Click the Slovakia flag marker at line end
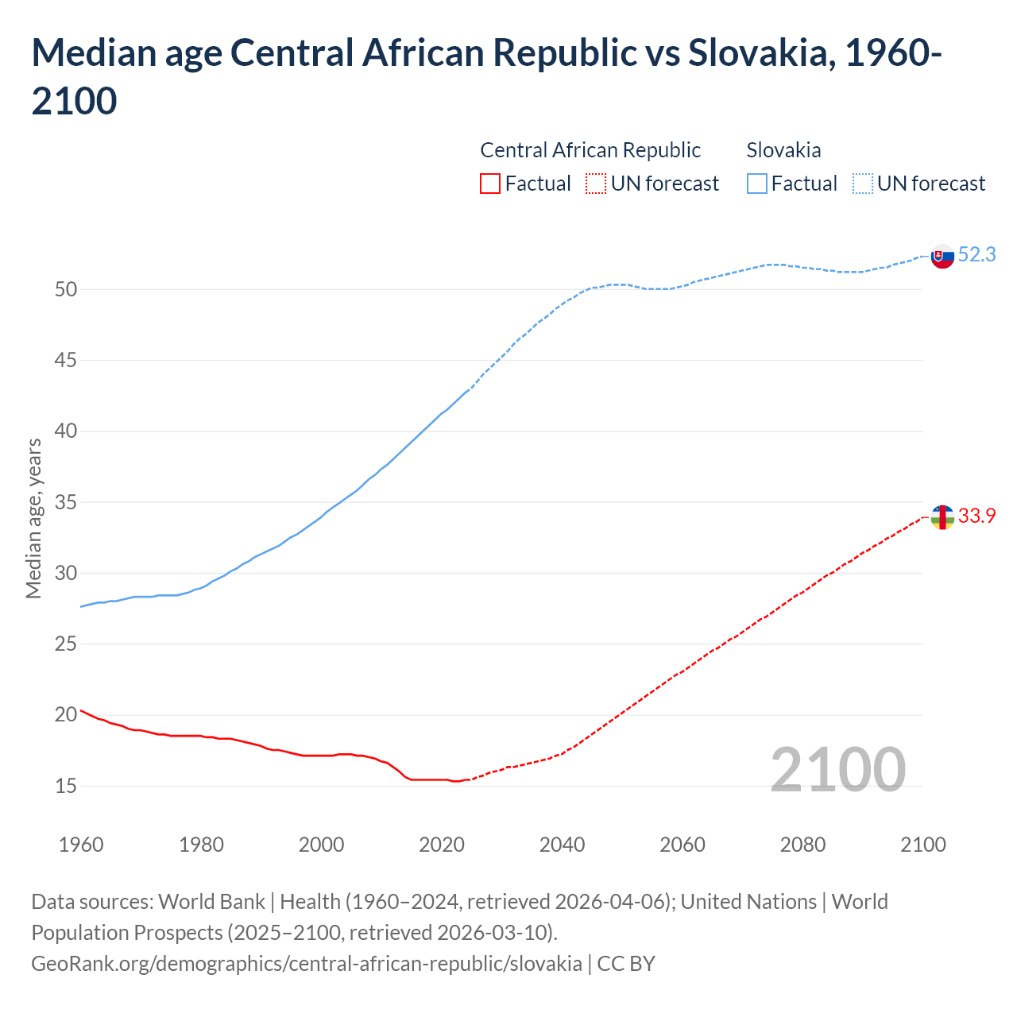pyautogui.click(x=942, y=256)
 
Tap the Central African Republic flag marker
pyautogui.click(x=942, y=517)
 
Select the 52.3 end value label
pyautogui.click(x=976, y=254)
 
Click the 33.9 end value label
pyautogui.click(x=976, y=516)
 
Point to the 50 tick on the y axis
pyautogui.click(x=66, y=290)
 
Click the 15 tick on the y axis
pyautogui.click(x=66, y=787)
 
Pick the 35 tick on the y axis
pyautogui.click(x=66, y=503)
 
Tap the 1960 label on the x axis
pyautogui.click(x=81, y=845)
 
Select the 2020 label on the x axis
pyautogui.click(x=442, y=845)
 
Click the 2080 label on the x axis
pyautogui.click(x=802, y=845)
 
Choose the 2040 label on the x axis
pyautogui.click(x=562, y=845)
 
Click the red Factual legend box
pyautogui.click(x=490, y=184)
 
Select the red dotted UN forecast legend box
pyautogui.click(x=596, y=184)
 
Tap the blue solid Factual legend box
pyautogui.click(x=757, y=184)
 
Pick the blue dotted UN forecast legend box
pyautogui.click(x=863, y=184)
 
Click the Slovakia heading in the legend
pyautogui.click(x=783, y=150)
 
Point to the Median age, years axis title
pyautogui.click(x=33, y=518)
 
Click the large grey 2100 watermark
pyautogui.click(x=837, y=769)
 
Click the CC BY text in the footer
pyautogui.click(x=626, y=964)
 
